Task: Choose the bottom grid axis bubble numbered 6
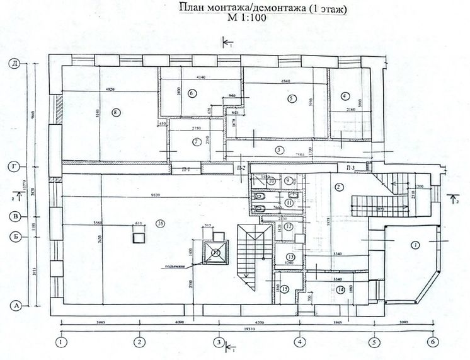click(x=432, y=342)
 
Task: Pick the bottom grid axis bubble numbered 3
click(x=218, y=342)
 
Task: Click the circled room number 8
click(x=115, y=113)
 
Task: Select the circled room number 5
click(x=291, y=98)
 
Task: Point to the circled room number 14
click(x=341, y=289)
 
